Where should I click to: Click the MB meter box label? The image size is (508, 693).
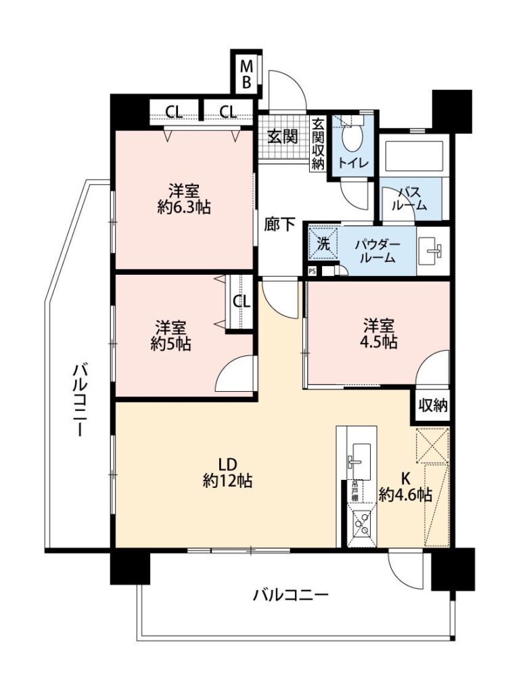click(x=246, y=74)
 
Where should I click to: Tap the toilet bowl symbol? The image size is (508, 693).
click(x=352, y=139)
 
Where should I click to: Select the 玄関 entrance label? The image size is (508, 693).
click(x=282, y=137)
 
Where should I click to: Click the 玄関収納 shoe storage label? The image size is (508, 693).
click(x=318, y=143)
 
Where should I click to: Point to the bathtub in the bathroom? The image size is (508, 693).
click(x=413, y=156)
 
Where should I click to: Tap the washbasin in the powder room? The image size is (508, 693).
click(x=432, y=251)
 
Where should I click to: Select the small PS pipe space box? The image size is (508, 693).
click(x=312, y=271)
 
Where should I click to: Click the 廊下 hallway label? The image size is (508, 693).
click(x=279, y=224)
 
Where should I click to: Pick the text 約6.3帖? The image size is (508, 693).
click(x=183, y=207)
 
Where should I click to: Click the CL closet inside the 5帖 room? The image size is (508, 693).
click(x=241, y=302)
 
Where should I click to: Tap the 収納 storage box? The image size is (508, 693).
click(x=433, y=405)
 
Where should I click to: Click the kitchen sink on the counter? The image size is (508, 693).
click(x=360, y=460)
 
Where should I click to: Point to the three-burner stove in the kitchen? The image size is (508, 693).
click(x=362, y=525)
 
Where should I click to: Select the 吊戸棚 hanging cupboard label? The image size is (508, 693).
click(x=354, y=491)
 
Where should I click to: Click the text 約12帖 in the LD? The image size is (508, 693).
click(x=227, y=480)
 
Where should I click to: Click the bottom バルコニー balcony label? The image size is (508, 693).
click(x=290, y=595)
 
